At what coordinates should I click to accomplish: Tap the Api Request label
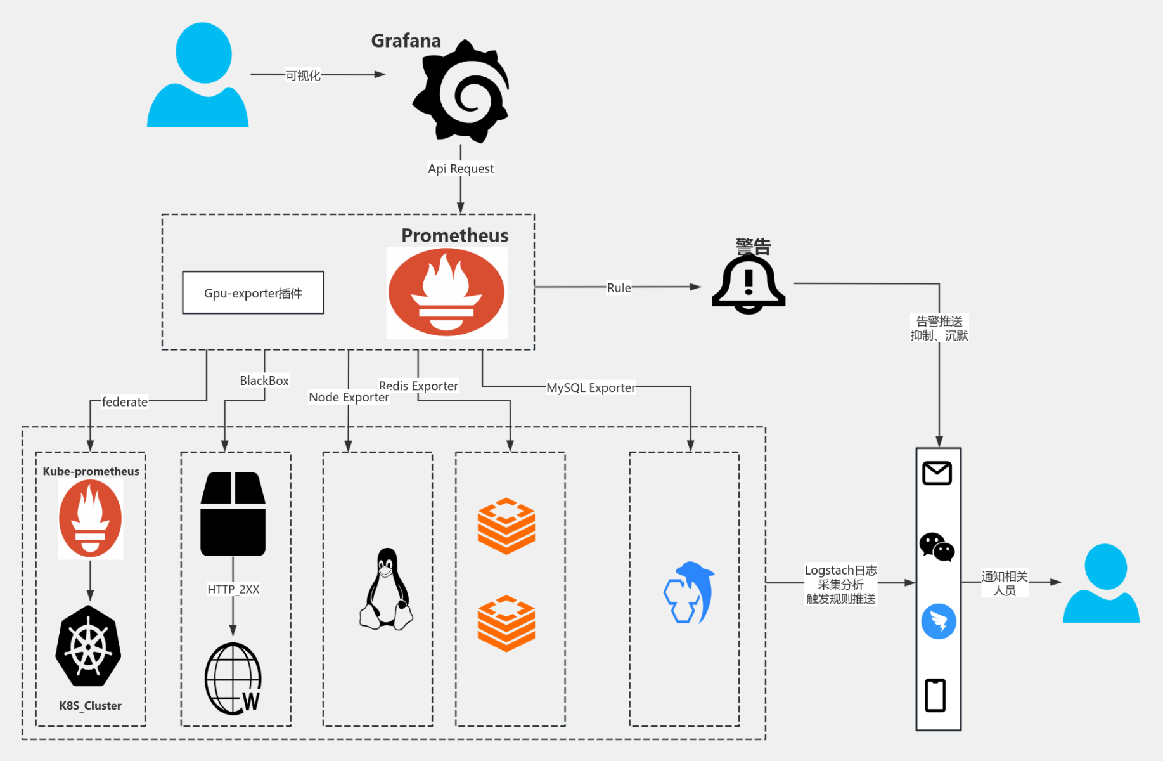(461, 169)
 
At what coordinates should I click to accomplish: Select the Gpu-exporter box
(253, 293)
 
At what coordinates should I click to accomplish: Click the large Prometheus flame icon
(446, 292)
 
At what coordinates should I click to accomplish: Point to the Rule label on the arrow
(619, 288)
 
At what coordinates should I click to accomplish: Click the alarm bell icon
(749, 283)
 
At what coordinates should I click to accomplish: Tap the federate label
(125, 402)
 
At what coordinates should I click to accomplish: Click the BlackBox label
(264, 380)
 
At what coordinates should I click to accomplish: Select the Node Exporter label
(349, 398)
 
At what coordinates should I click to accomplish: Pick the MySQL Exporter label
(591, 387)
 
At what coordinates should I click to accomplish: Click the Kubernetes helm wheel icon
(88, 647)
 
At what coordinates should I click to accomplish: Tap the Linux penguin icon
(387, 590)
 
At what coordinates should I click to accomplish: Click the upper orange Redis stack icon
(506, 526)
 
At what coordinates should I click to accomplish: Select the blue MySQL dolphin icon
(689, 592)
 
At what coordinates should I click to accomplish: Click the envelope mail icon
(937, 473)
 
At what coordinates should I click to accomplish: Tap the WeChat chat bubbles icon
(937, 547)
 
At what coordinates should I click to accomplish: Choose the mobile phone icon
(935, 695)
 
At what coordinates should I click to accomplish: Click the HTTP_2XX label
(233, 589)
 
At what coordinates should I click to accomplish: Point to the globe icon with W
(233, 679)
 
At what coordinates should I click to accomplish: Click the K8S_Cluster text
(91, 706)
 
